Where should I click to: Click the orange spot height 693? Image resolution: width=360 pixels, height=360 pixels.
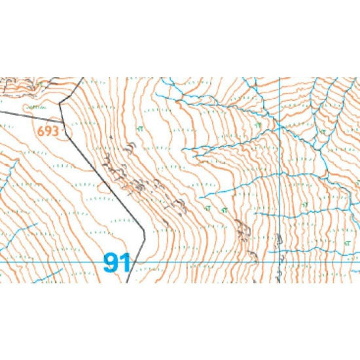click(49, 131)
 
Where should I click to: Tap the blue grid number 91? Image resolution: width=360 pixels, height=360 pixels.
click(117, 263)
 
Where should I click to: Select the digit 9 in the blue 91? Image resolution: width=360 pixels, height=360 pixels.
click(111, 263)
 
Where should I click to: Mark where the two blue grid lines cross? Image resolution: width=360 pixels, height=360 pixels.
click(280, 262)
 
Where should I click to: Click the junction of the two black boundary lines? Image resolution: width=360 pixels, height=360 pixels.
click(64, 122)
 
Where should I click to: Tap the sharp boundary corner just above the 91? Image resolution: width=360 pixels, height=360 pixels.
click(145, 230)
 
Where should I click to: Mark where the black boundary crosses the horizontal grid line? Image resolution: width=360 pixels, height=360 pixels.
click(131, 262)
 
